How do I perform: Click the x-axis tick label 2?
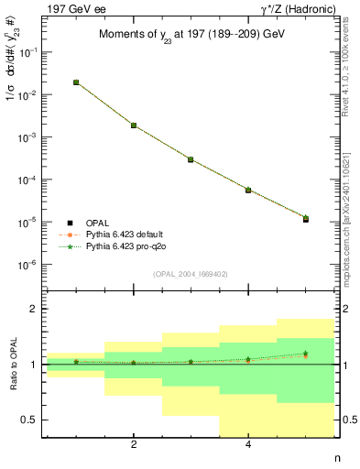tap(134, 445)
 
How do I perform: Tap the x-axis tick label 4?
tap(248, 445)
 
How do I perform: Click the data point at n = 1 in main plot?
tap(76, 82)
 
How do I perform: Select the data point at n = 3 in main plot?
tap(191, 159)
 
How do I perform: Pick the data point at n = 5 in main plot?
tap(305, 220)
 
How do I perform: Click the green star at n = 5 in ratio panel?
tap(305, 354)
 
